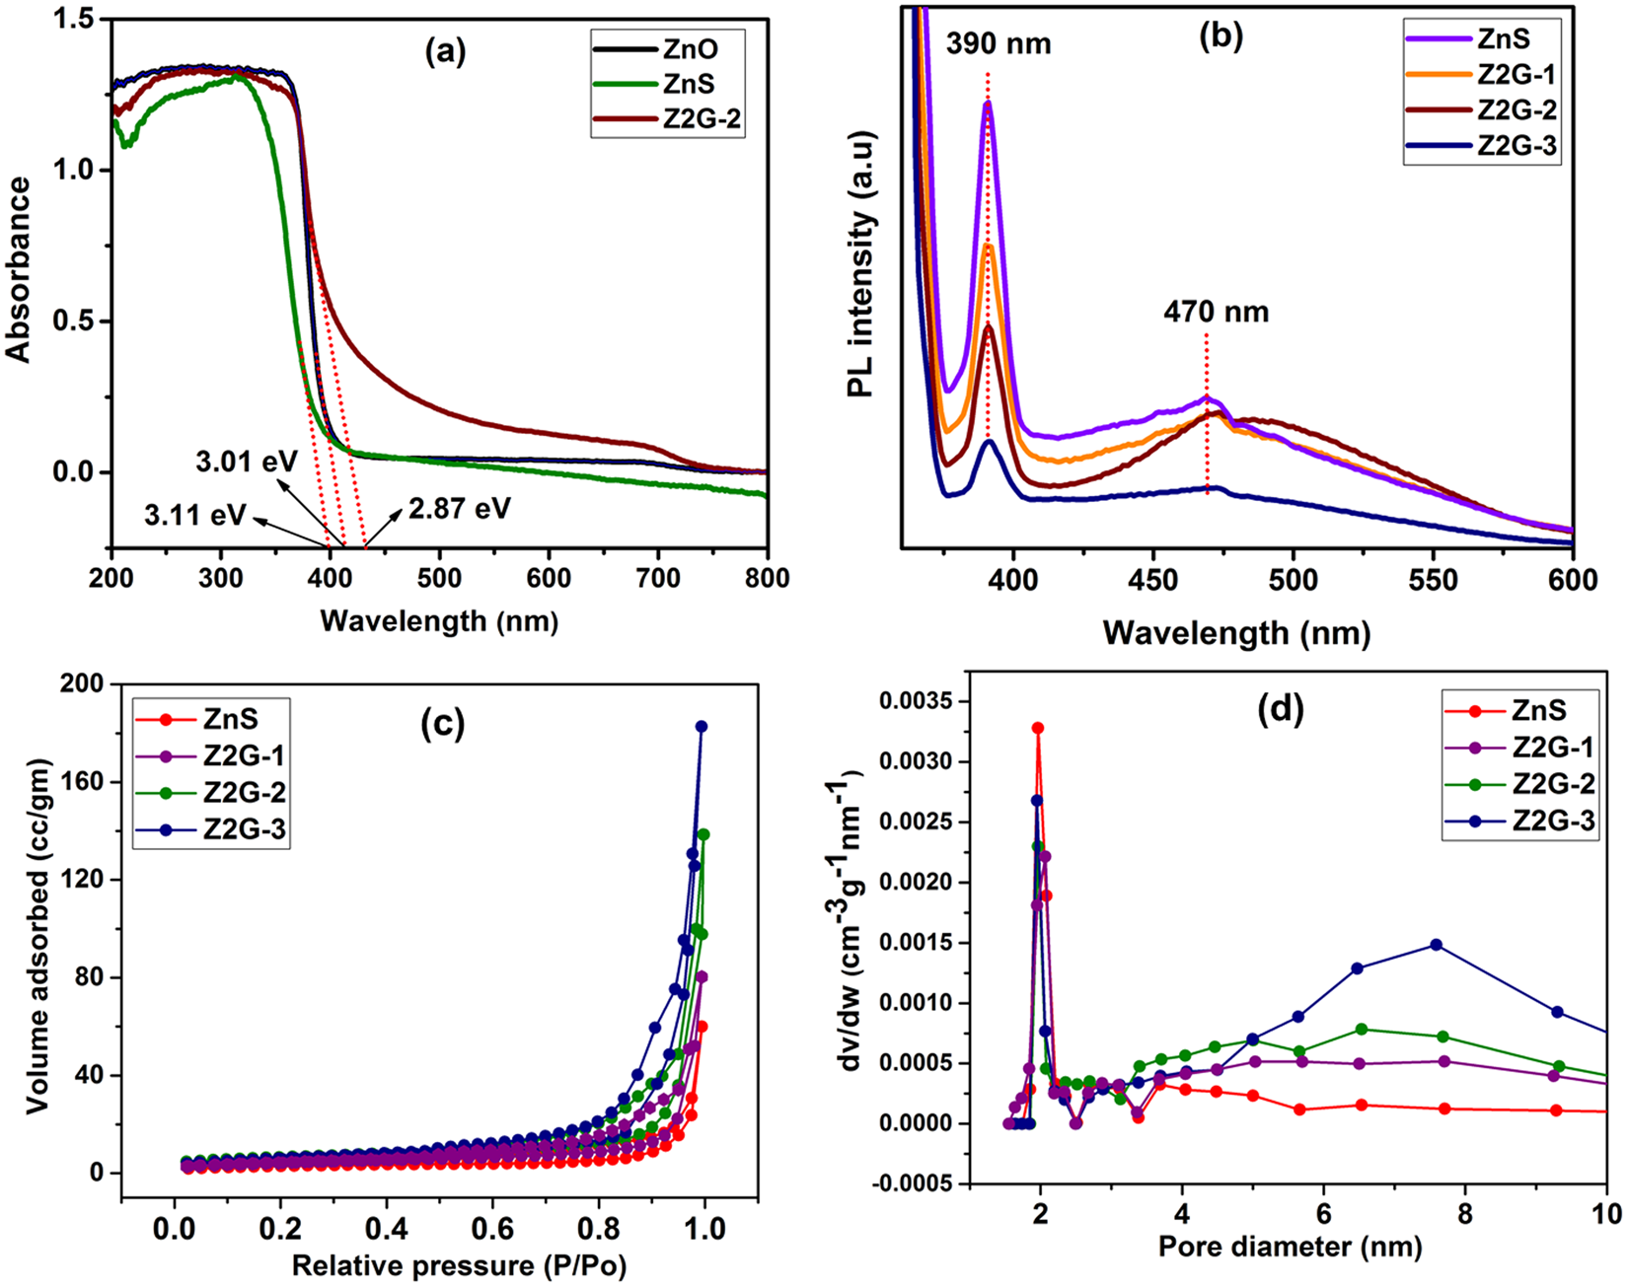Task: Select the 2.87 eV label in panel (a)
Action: [x=457, y=508]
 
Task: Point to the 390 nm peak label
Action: [x=998, y=44]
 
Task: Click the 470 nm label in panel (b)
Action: [x=1216, y=313]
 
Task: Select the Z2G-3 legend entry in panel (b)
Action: [x=1516, y=146]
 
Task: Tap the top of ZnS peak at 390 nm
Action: [x=988, y=103]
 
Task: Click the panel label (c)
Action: [x=443, y=725]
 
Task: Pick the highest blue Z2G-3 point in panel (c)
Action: [x=702, y=727]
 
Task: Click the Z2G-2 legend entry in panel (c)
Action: [x=245, y=794]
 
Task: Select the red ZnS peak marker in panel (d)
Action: [x=1038, y=729]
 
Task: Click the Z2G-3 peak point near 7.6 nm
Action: [x=1436, y=945]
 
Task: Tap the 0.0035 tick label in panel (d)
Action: [x=914, y=702]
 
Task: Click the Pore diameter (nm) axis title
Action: [x=1290, y=1248]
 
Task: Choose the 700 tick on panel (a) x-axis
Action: [x=658, y=579]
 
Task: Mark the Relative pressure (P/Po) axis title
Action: [x=459, y=1265]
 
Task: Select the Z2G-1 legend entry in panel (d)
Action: [x=1553, y=748]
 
